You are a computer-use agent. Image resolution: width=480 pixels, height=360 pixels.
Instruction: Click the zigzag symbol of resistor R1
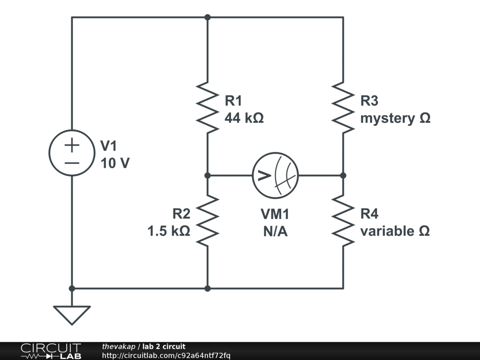208,107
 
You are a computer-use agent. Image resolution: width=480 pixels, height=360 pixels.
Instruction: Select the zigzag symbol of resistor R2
208,221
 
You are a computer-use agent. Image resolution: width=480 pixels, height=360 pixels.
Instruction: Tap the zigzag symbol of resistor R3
343,107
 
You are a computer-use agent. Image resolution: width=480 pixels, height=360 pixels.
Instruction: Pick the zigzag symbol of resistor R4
343,221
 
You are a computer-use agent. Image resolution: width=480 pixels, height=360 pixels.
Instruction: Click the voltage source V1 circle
72,153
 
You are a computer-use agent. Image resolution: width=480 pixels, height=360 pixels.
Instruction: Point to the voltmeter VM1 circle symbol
276,176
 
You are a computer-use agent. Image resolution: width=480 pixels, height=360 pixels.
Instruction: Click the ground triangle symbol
72,315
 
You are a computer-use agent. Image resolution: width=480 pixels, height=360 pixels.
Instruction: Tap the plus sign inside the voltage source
72,145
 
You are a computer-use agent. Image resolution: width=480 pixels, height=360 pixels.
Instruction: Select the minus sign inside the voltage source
72,163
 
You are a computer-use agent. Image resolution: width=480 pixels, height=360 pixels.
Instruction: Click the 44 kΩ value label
244,118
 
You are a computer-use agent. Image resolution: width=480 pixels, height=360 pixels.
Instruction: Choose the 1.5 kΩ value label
169,231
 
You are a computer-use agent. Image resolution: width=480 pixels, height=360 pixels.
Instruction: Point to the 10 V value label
115,164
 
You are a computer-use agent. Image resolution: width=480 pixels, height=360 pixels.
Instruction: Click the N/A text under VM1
275,231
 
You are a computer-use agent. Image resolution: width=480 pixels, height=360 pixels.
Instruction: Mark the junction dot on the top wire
208,17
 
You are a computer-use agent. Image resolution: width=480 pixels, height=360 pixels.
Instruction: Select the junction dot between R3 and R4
343,176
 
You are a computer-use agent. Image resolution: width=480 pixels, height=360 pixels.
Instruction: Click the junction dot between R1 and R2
208,176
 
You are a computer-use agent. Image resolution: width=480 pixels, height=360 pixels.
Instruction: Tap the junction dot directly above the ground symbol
72,288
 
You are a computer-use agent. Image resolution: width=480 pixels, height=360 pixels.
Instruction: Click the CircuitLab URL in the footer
166,356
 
